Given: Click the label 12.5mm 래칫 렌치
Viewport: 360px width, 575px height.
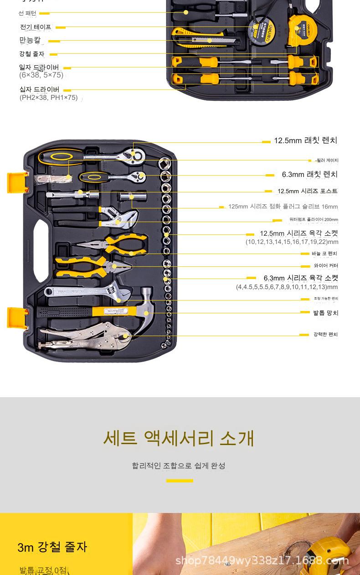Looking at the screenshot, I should tap(305, 141).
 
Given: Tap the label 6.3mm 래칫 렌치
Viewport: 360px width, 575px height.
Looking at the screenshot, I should tap(309, 175).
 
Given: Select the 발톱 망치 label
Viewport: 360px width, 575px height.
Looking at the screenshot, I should tap(325, 313).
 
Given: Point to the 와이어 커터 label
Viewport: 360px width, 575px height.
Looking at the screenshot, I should tap(326, 266).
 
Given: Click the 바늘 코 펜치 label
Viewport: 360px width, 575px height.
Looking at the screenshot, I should tap(324, 254).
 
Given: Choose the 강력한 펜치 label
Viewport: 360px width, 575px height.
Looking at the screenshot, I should tap(325, 335).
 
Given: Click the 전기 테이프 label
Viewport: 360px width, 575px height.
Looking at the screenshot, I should tap(36, 27).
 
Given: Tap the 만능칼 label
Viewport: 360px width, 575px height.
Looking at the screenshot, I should tap(30, 41).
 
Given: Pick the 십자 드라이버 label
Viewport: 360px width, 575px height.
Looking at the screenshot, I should tap(39, 89).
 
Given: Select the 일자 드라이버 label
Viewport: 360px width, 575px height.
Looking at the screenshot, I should tap(39, 67).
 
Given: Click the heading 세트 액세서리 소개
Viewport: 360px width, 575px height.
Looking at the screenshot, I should tap(179, 438).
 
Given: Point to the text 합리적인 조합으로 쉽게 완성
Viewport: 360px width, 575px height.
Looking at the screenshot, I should tap(179, 466).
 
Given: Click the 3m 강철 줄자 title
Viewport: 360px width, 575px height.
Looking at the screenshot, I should tap(52, 547).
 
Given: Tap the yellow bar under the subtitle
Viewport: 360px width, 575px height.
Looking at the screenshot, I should tap(180, 481).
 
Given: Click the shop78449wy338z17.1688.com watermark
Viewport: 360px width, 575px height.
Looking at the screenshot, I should tap(262, 560).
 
